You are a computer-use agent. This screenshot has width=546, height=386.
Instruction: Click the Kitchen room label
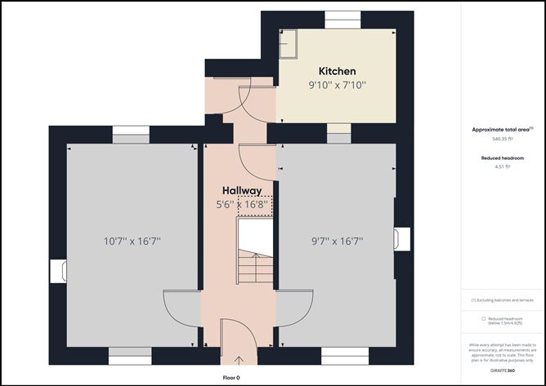[x=337, y=71]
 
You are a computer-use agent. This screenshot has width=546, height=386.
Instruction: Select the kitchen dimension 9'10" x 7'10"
[x=337, y=85]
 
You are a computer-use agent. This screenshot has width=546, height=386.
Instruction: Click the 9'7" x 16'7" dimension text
[x=337, y=241]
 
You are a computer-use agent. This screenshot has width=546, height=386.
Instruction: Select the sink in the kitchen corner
[x=289, y=44]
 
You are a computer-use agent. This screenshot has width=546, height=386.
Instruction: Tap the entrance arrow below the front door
[x=239, y=360]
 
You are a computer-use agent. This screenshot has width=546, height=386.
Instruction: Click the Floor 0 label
[x=236, y=378]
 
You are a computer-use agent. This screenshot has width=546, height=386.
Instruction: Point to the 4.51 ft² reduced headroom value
[x=502, y=166]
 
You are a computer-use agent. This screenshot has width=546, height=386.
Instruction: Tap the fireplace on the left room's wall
[x=57, y=271]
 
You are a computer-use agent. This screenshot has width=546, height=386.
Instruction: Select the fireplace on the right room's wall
[x=398, y=237]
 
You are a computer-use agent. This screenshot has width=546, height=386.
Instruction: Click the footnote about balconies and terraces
[x=502, y=300]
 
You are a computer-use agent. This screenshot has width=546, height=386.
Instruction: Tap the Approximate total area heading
[x=502, y=129]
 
